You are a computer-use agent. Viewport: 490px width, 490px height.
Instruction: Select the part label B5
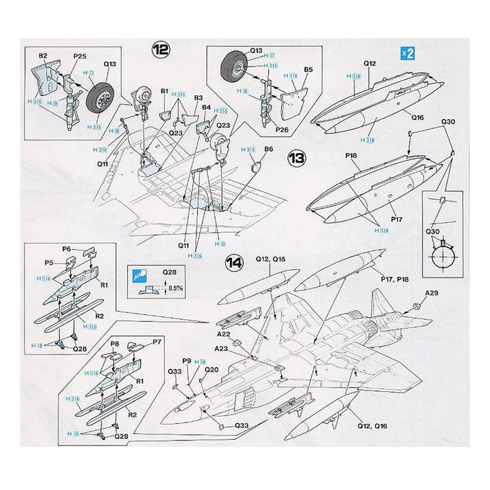pyautogui.click(x=308, y=69)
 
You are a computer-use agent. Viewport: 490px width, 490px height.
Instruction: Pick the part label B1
pyautogui.click(x=164, y=91)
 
